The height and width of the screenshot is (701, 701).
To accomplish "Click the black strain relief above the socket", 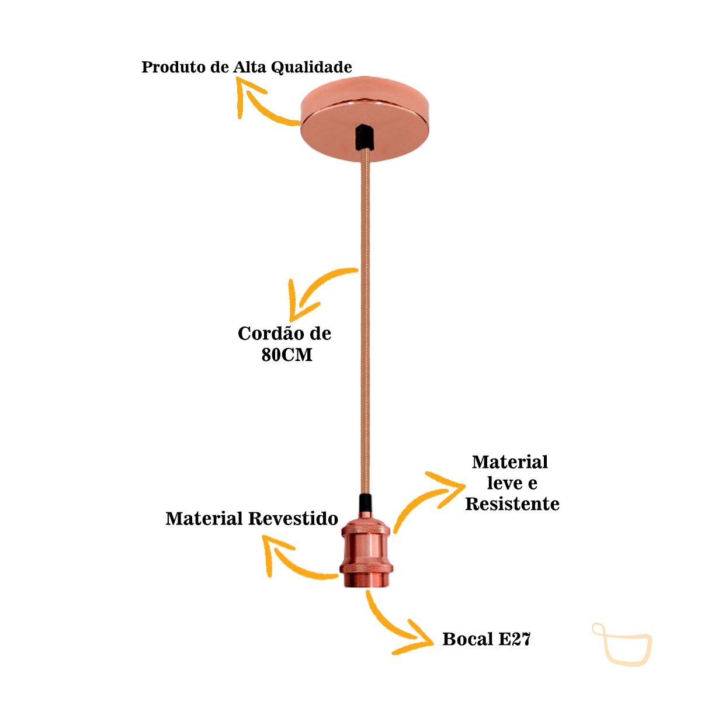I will (365, 504).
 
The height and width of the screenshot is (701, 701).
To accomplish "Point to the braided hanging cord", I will (366, 321).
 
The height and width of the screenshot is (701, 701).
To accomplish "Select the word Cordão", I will (270, 334).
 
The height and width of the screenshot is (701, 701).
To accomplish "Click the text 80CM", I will (286, 355).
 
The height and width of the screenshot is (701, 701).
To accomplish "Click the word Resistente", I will (512, 504).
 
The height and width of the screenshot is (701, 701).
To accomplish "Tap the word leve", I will (504, 483).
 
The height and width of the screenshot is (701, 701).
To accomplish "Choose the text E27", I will (515, 639).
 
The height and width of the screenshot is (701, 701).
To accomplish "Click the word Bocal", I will (468, 639).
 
